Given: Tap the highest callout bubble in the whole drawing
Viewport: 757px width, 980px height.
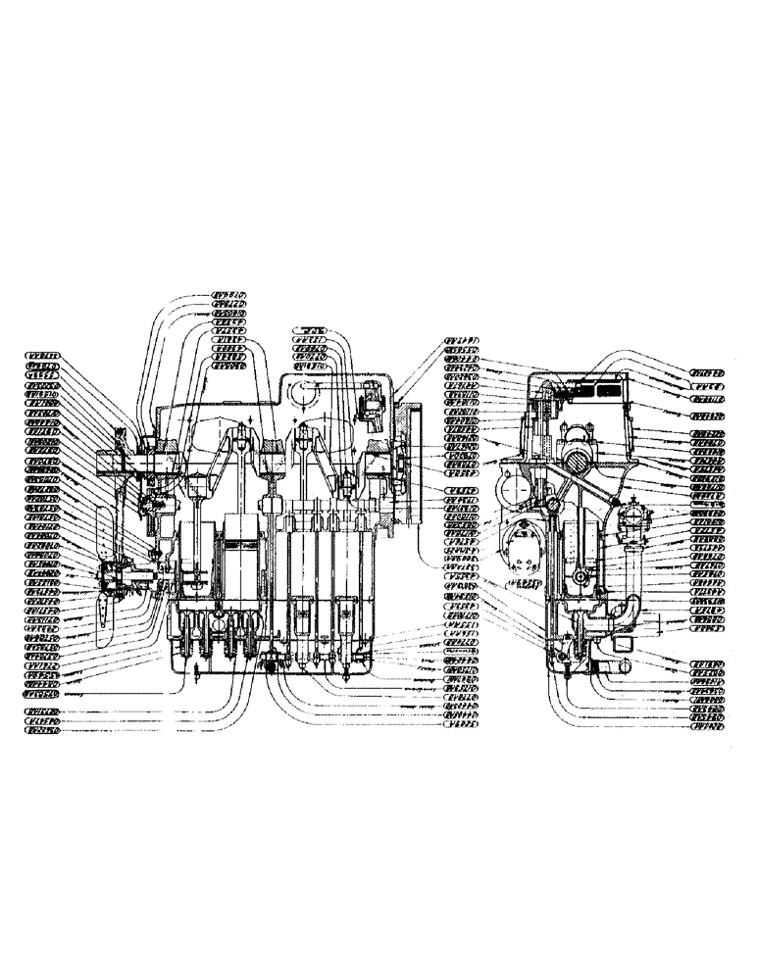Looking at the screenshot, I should (x=231, y=293).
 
